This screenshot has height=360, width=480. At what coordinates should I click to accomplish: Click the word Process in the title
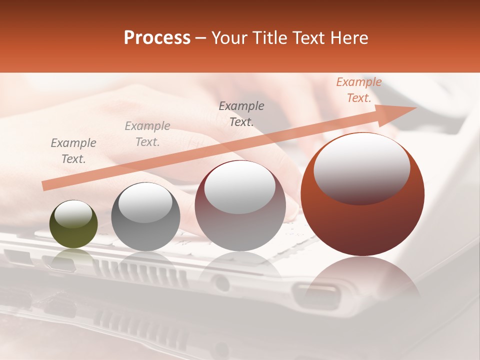157,37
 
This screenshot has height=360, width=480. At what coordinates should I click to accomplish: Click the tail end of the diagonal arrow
46,186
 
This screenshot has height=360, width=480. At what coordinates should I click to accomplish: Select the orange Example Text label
358,90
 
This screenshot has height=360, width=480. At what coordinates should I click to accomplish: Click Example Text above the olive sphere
73,150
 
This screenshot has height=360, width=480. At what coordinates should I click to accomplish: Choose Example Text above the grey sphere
147,133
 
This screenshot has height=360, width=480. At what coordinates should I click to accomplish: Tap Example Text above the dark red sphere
241,113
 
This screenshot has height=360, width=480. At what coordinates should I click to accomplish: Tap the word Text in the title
313,37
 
